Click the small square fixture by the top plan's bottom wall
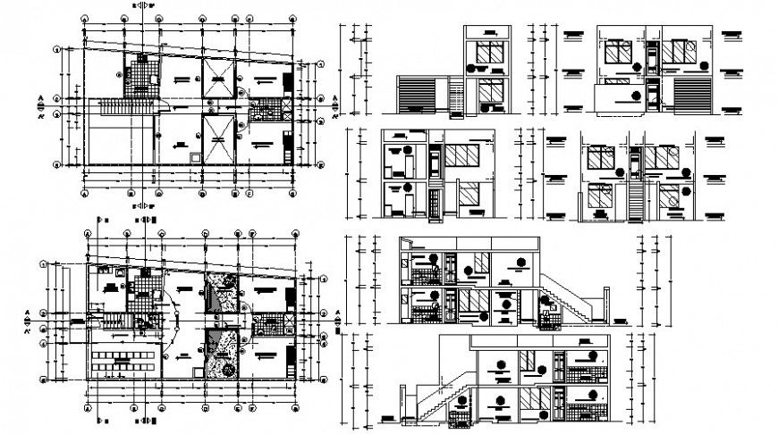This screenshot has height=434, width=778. click(197, 157)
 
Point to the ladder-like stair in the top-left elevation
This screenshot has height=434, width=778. click(457, 96)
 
